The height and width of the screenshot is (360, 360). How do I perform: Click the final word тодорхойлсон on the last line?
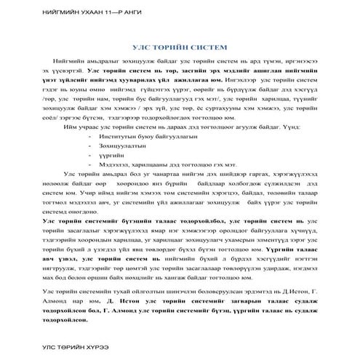pyautogui.click(x=68, y=319)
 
